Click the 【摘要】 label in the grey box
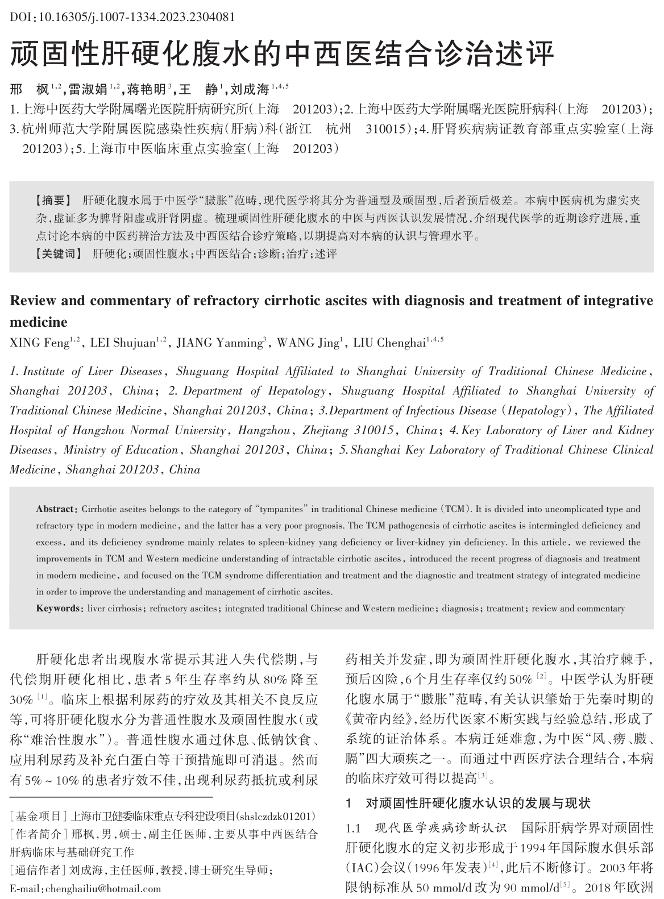(x=53, y=201)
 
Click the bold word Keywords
(x=58, y=609)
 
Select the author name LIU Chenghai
(x=389, y=343)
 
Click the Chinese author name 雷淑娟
(x=88, y=89)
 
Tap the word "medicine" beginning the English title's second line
(x=39, y=322)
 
